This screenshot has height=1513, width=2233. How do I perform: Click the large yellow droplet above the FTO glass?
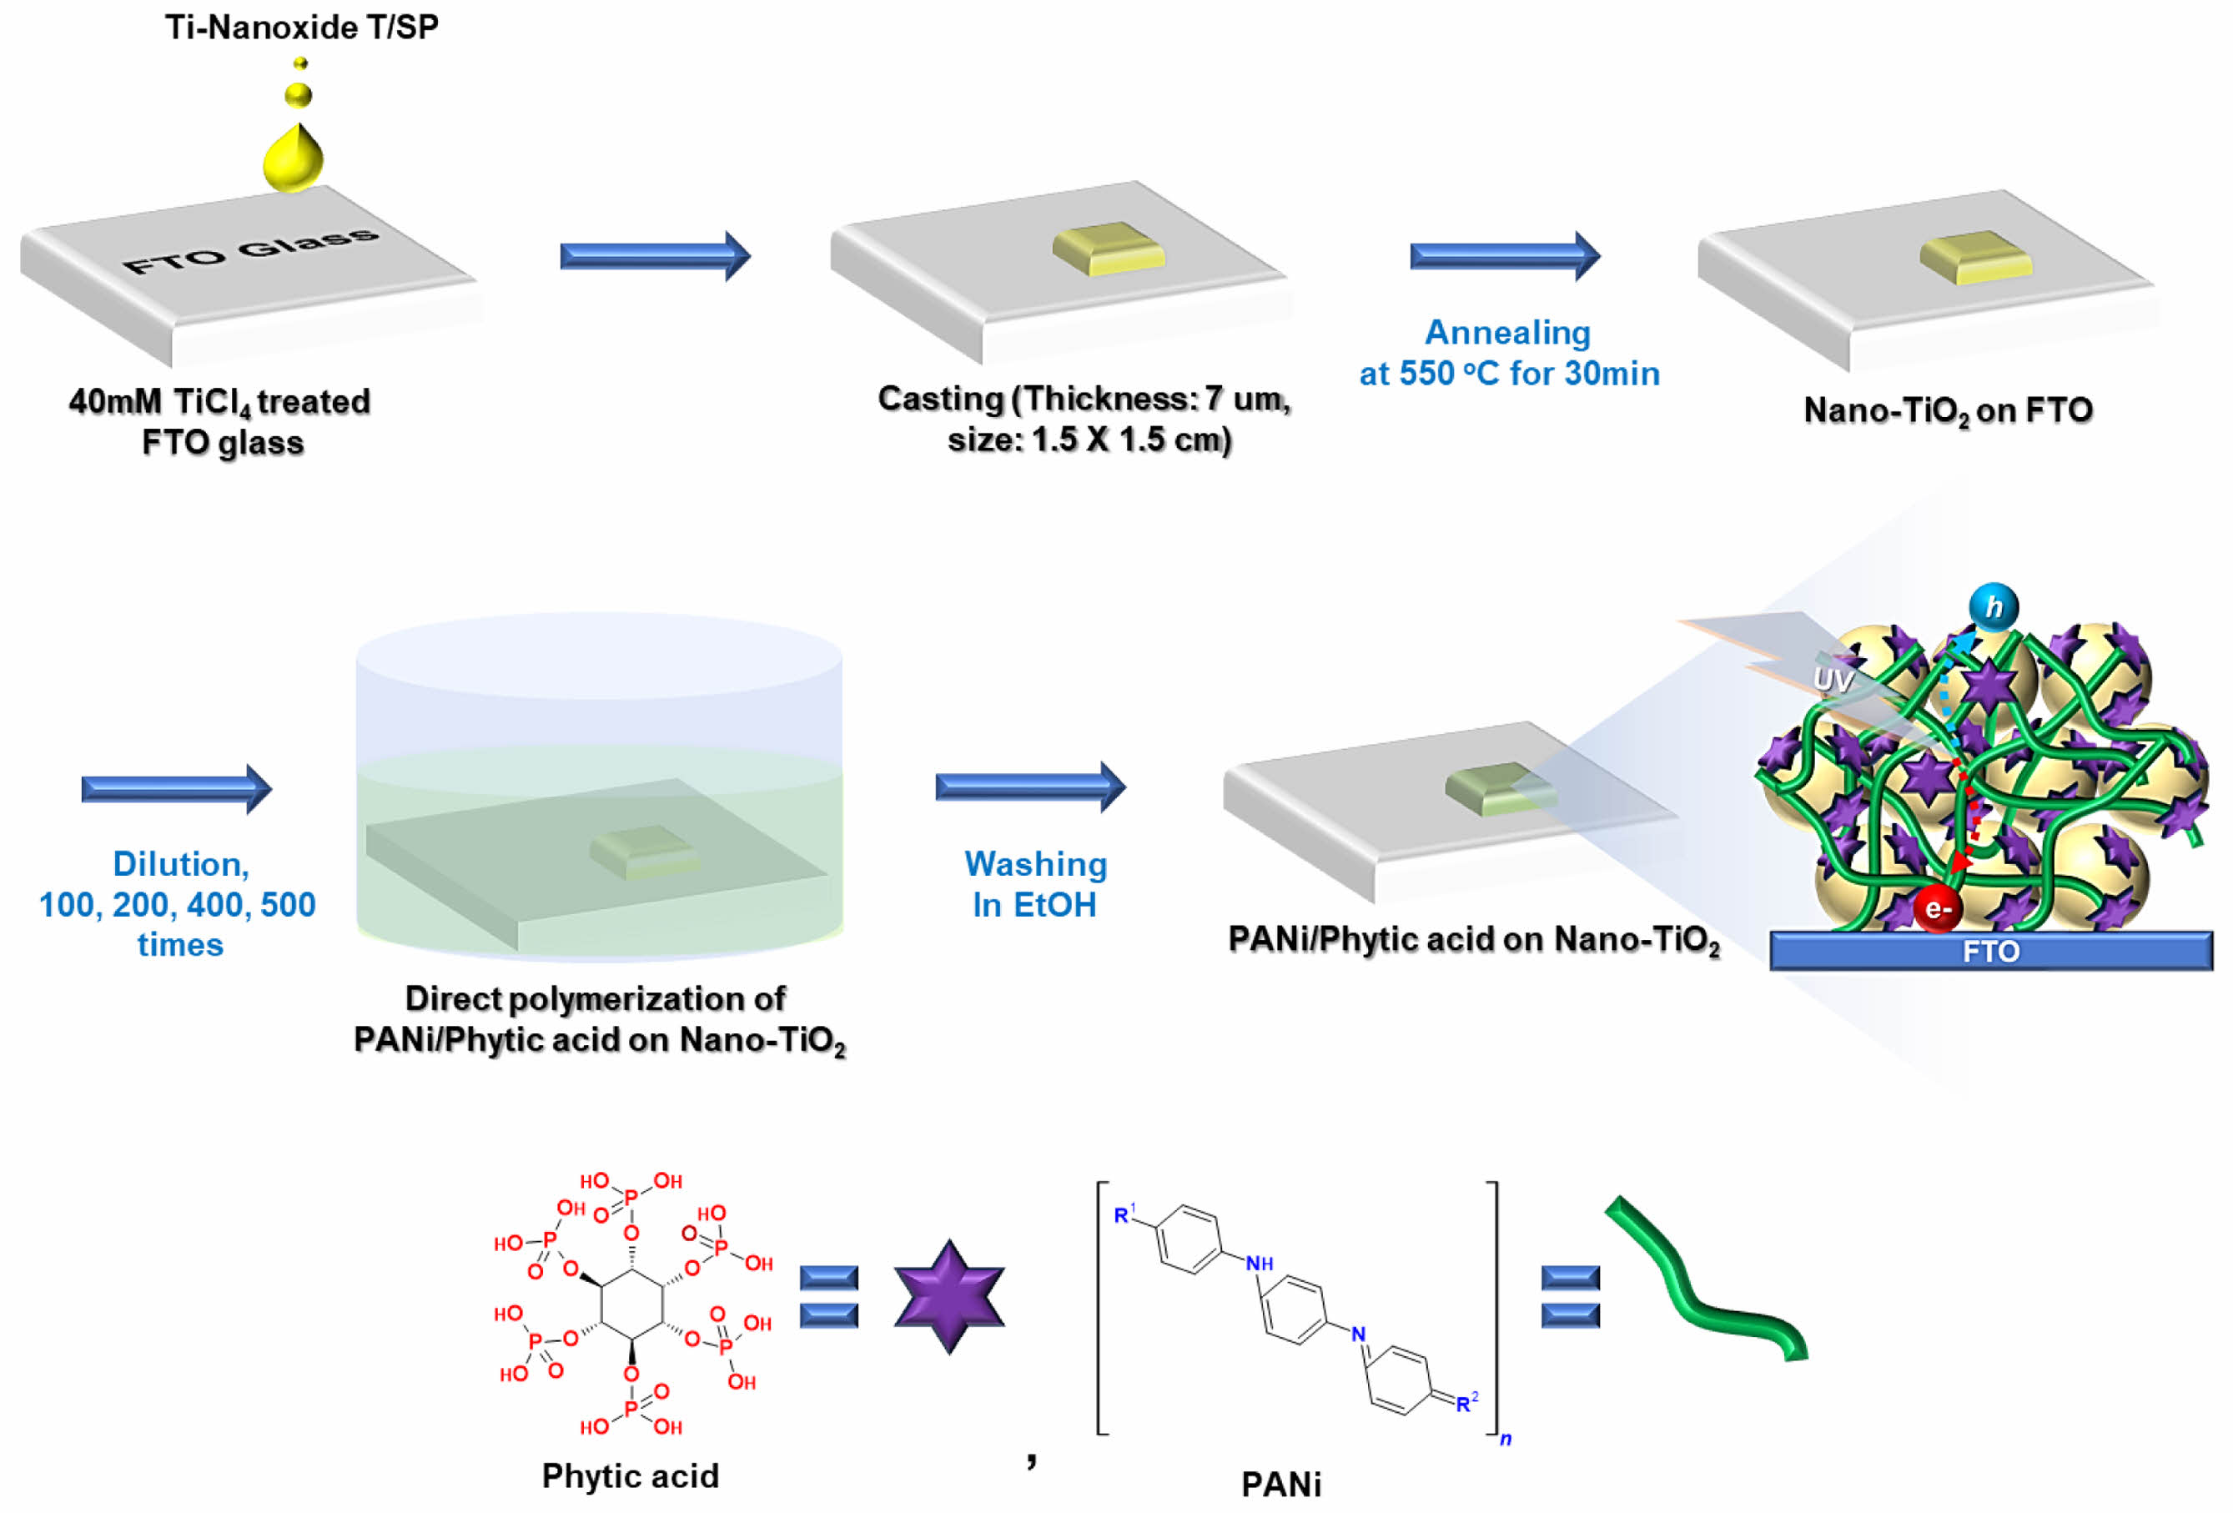pos(293,158)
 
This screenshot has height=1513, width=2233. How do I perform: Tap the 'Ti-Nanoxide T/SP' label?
pos(302,27)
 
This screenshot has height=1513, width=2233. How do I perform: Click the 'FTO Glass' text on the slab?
pos(251,249)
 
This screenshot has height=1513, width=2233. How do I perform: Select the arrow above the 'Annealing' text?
pos(1504,255)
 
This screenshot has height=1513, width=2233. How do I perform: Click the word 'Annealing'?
pos(1507,333)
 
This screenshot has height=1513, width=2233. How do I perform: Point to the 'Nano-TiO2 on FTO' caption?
pos(1948,410)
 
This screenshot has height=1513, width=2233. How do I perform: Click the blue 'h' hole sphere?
pos(1994,607)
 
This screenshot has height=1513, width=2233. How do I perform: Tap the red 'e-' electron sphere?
pos(1937,907)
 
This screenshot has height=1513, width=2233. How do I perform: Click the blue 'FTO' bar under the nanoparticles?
pos(1991,951)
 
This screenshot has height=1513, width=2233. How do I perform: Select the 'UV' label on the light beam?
pos(1833,680)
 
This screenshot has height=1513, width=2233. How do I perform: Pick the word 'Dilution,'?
pos(181,863)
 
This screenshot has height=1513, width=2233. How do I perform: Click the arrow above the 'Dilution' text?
pos(177,789)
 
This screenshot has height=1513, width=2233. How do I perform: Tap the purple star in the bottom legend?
pos(949,1296)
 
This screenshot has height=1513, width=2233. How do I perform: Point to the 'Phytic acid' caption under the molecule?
pos(631,1475)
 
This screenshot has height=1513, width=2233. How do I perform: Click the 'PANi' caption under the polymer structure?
pos(1280,1484)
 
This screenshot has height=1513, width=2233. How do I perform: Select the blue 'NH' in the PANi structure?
pos(1259,1264)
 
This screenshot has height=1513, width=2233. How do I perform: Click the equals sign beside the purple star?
pos(828,1296)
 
